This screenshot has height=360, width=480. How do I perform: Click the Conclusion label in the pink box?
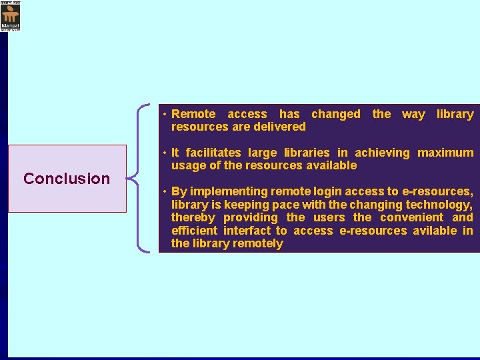click(67, 179)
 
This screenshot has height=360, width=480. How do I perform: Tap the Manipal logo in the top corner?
click(10, 17)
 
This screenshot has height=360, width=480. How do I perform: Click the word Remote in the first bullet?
click(193, 114)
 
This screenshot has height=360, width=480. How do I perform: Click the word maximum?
click(445, 153)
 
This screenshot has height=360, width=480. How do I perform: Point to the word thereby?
click(193, 217)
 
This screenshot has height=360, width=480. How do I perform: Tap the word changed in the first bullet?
click(335, 114)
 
